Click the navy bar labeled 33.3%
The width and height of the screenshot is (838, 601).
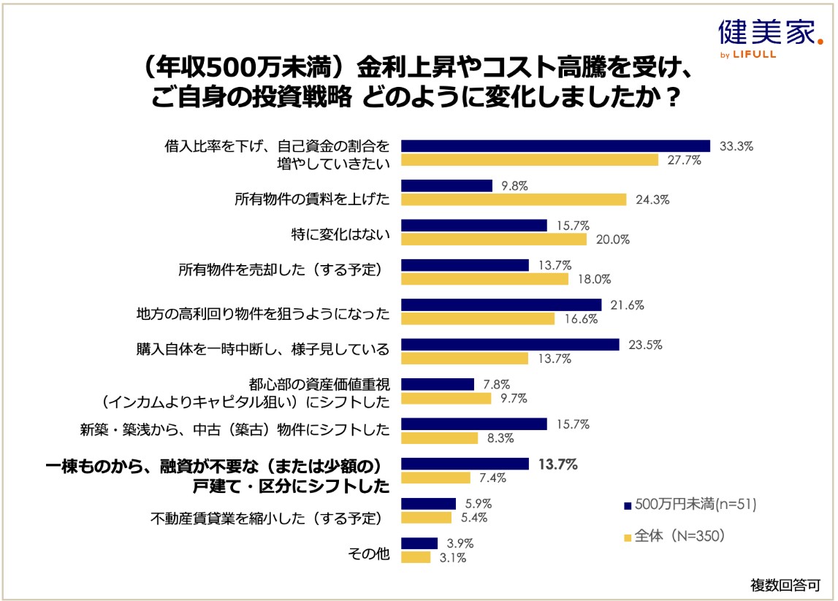555,146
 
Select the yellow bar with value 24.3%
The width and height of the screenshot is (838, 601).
514,199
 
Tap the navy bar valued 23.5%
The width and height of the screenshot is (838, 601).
510,345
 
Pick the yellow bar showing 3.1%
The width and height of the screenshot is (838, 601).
416,557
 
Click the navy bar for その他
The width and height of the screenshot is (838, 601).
419,543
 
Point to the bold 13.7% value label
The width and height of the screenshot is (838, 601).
557,464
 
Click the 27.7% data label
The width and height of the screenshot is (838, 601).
684,160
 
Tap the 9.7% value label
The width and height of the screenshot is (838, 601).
514,398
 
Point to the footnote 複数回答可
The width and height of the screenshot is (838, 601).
785,584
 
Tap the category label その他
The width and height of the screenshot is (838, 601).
370,553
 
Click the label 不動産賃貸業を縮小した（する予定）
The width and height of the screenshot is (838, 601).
267,518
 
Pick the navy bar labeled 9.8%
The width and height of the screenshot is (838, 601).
446,185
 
